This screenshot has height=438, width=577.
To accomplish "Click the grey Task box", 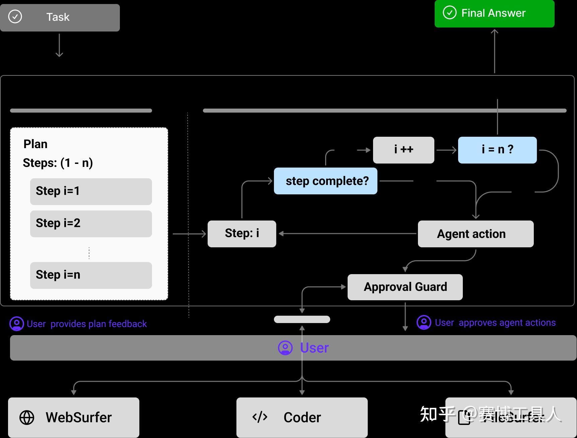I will point(60,18).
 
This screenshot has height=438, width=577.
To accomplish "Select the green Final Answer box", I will point(494,13).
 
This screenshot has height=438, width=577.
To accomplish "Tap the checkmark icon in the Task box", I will point(15,16).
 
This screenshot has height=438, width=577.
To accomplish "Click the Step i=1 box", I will point(91,191).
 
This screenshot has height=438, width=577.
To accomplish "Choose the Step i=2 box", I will point(91,224).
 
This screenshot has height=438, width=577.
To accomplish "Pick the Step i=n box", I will point(91,275).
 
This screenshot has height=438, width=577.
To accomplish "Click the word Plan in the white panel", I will point(35,144).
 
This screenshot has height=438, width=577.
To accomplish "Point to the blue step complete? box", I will point(326,181).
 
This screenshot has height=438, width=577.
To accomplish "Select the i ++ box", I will point(404,150).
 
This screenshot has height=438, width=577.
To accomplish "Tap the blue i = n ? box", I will point(497,150).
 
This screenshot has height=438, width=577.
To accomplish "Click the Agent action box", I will point(476,234).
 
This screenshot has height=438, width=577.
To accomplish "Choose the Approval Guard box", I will point(405,287).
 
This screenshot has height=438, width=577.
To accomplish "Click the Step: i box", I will point(242,234).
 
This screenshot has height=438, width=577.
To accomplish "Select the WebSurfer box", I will point(74,417).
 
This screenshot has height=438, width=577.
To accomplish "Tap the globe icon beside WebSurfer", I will point(27,418).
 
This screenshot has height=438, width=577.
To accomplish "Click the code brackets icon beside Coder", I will point(260,417).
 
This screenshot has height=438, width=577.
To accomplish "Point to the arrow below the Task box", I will point(59,45).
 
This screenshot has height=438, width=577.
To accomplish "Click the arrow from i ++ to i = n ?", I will point(446,150).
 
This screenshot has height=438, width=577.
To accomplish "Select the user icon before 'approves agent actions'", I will point(424,322).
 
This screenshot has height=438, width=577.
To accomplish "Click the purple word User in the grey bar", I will point(314,348).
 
